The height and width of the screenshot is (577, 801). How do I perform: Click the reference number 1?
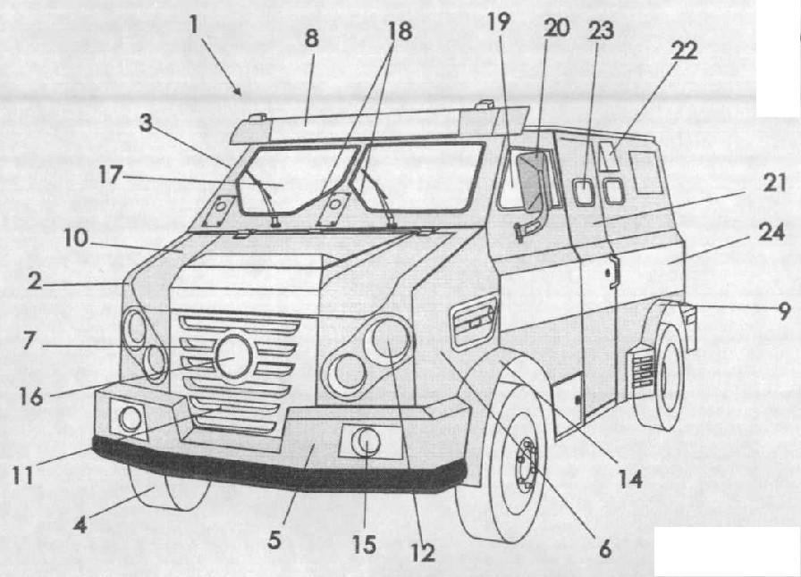pyautogui.click(x=193, y=24)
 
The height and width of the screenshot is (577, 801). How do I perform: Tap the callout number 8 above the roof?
pyautogui.click(x=311, y=38)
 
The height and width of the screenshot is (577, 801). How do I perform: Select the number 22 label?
pyautogui.click(x=684, y=50)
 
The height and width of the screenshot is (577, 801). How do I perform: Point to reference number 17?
pyautogui.click(x=110, y=175)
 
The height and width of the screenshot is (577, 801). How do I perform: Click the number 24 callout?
pyautogui.click(x=771, y=232)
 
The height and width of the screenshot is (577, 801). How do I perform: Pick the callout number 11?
pyautogui.click(x=23, y=475)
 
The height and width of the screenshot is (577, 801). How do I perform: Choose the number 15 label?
pyautogui.click(x=364, y=545)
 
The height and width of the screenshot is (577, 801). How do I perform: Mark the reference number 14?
pyautogui.click(x=630, y=480)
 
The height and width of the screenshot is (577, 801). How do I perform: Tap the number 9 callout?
pyautogui.click(x=784, y=311)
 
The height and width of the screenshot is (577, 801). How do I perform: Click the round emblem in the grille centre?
pyautogui.click(x=234, y=357)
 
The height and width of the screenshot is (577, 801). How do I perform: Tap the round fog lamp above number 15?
pyautogui.click(x=366, y=442)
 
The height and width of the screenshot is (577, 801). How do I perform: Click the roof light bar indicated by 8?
pyautogui.click(x=379, y=124)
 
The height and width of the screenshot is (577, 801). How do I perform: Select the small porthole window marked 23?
pyautogui.click(x=582, y=191)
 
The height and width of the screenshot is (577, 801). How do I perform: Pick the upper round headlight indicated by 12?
pyautogui.click(x=389, y=338)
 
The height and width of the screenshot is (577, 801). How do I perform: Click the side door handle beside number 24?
pyautogui.click(x=611, y=272)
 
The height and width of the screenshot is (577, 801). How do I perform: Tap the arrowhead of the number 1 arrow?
pyautogui.click(x=238, y=92)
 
